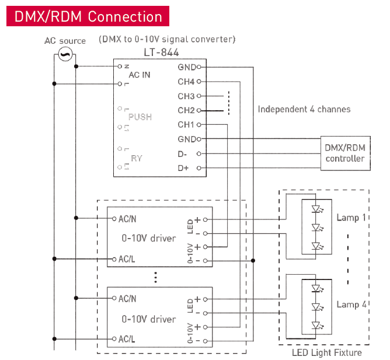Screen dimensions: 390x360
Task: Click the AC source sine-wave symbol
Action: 65,54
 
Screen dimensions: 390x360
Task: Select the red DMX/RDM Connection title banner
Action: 88,16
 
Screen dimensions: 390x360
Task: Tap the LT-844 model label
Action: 161,53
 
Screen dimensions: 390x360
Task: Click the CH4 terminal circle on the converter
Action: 199,81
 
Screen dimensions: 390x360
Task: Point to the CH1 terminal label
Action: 186,124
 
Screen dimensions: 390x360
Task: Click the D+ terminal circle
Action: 199,168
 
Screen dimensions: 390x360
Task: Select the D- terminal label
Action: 182,154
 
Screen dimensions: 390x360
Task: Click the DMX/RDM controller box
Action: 346,153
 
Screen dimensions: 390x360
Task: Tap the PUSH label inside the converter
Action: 140,117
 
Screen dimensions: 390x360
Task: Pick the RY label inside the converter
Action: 137,158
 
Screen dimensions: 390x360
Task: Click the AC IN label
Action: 140,75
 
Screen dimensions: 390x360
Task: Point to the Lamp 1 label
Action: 351,218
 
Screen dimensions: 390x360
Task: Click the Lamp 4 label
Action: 351,305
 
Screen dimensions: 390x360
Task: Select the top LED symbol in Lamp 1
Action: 317,209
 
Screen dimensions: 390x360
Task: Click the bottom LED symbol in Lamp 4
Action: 317,325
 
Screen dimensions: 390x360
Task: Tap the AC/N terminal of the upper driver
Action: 114,219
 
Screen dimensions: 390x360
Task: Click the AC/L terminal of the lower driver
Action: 114,338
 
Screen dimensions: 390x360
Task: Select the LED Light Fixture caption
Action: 327,352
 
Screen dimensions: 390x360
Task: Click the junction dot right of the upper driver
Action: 253,261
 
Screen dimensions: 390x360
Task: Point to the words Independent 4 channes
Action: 304,109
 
